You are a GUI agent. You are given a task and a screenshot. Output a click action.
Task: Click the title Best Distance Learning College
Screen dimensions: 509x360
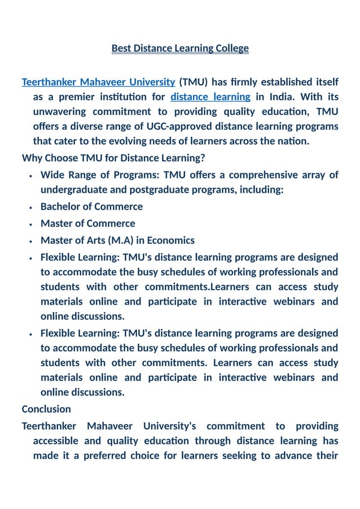point(180,49)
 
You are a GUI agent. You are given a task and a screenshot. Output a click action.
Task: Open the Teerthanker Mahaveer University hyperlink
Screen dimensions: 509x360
point(98,82)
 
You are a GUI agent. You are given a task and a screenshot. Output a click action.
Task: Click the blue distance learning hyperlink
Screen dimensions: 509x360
point(210,97)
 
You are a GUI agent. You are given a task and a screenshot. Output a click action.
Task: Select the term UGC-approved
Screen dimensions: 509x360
point(165,126)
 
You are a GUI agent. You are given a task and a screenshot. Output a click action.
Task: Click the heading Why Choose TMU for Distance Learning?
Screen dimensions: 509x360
point(113,157)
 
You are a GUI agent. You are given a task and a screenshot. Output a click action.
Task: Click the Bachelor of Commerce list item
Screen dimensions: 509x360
point(91,207)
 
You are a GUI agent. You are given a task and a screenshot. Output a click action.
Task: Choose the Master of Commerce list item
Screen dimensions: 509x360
point(87,223)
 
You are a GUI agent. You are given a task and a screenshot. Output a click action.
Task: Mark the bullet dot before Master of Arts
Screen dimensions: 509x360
point(30,241)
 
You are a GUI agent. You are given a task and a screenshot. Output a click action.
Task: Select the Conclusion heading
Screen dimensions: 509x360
point(46,409)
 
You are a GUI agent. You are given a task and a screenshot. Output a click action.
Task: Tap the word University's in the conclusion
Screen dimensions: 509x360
point(169,426)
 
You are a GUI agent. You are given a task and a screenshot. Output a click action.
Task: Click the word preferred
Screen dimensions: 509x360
point(108,455)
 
